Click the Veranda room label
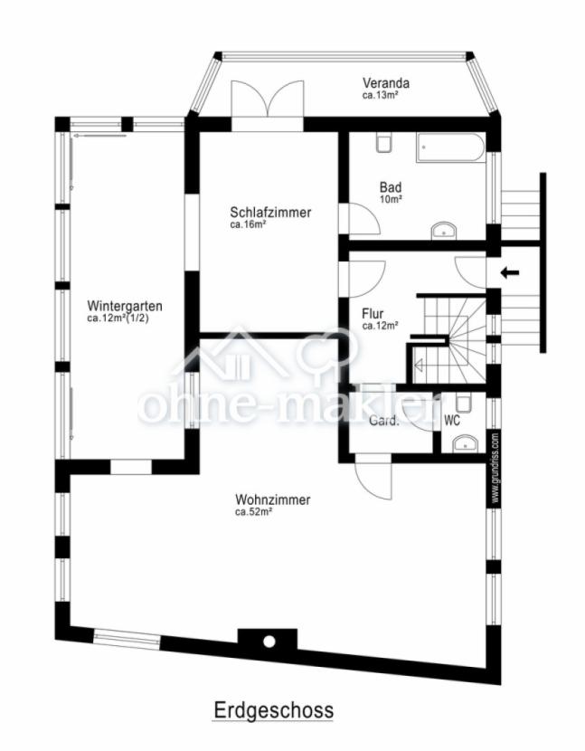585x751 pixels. pos(386,83)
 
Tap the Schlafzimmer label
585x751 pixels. pos(270,212)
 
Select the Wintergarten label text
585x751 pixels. pos(125,306)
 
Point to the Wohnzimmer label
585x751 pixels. pos(272,499)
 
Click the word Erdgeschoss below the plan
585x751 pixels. pos(273,709)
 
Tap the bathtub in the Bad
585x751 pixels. pos(450,148)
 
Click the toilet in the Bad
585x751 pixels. pos(384,142)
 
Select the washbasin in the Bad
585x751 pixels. pos(444,231)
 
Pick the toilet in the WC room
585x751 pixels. pos(464,402)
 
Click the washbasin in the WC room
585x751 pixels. pos(465,443)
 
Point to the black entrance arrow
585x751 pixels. pos(510,273)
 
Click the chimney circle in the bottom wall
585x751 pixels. pos(269,642)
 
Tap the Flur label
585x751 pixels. pos(373,314)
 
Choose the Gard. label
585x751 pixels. pos(383,421)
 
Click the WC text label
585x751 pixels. pos(452,421)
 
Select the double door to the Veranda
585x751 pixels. pos(268,100)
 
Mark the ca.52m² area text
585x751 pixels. pos(253,511)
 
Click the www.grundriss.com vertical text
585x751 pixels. pos(495,468)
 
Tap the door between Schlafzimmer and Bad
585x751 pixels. pos(363,219)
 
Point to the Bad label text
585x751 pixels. pos(391,186)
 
